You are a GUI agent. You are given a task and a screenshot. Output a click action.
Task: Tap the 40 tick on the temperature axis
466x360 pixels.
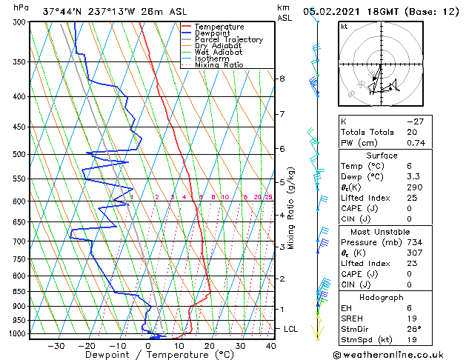(x=270, y=346)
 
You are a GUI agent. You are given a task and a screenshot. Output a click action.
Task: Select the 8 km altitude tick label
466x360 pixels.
(x=282, y=79)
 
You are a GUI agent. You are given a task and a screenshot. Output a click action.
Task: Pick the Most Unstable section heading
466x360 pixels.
(x=376, y=231)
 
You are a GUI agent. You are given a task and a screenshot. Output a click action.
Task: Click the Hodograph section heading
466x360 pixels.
(x=376, y=297)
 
